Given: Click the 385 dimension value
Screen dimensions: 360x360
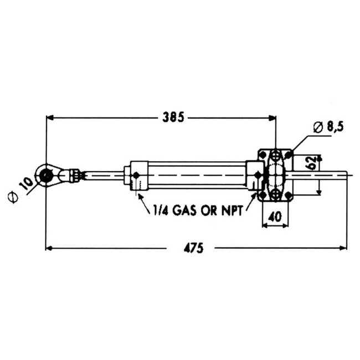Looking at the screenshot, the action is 173,117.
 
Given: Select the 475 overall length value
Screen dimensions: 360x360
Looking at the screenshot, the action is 193,248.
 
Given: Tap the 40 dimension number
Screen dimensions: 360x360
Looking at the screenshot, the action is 275,217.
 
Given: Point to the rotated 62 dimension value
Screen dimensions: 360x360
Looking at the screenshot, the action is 312,163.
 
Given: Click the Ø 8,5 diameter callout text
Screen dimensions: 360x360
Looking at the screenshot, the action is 328,127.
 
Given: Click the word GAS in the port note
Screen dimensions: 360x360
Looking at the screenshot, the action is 185,210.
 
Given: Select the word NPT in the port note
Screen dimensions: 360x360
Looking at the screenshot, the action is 232,210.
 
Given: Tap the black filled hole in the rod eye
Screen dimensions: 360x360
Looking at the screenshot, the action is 45,176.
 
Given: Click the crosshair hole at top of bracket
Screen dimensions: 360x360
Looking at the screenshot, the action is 275,156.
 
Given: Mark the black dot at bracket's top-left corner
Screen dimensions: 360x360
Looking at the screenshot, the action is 263,155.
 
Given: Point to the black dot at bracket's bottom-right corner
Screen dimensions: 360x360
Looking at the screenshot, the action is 289,196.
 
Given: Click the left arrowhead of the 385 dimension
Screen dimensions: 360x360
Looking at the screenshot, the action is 50,117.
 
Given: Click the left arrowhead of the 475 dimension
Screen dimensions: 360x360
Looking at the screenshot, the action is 49,248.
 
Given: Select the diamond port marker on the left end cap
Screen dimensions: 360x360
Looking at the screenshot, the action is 136,176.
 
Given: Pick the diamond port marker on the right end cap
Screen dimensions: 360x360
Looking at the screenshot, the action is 258,175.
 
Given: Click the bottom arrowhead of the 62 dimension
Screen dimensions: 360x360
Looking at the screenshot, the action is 318,192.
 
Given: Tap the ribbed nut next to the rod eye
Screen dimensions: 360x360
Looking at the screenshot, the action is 75,176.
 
